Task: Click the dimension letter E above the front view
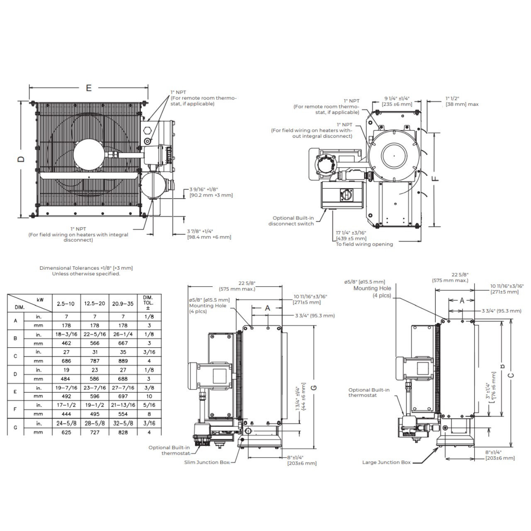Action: (88, 88)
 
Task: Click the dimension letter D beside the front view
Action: (22, 159)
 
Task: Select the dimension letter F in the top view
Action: (435, 178)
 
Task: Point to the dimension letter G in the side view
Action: (314, 387)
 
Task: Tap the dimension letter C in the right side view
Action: (512, 375)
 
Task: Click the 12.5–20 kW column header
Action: (95, 304)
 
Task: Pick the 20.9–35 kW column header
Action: (123, 304)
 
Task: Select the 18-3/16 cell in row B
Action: (66, 334)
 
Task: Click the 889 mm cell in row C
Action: (123, 361)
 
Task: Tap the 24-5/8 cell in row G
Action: (66, 424)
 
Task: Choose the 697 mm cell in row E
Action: (123, 396)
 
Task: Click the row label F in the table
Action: (15, 409)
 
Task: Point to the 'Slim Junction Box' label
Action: (207, 462)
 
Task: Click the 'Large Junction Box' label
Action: (386, 462)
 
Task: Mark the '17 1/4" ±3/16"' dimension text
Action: (351, 233)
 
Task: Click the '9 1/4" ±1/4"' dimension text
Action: (397, 99)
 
